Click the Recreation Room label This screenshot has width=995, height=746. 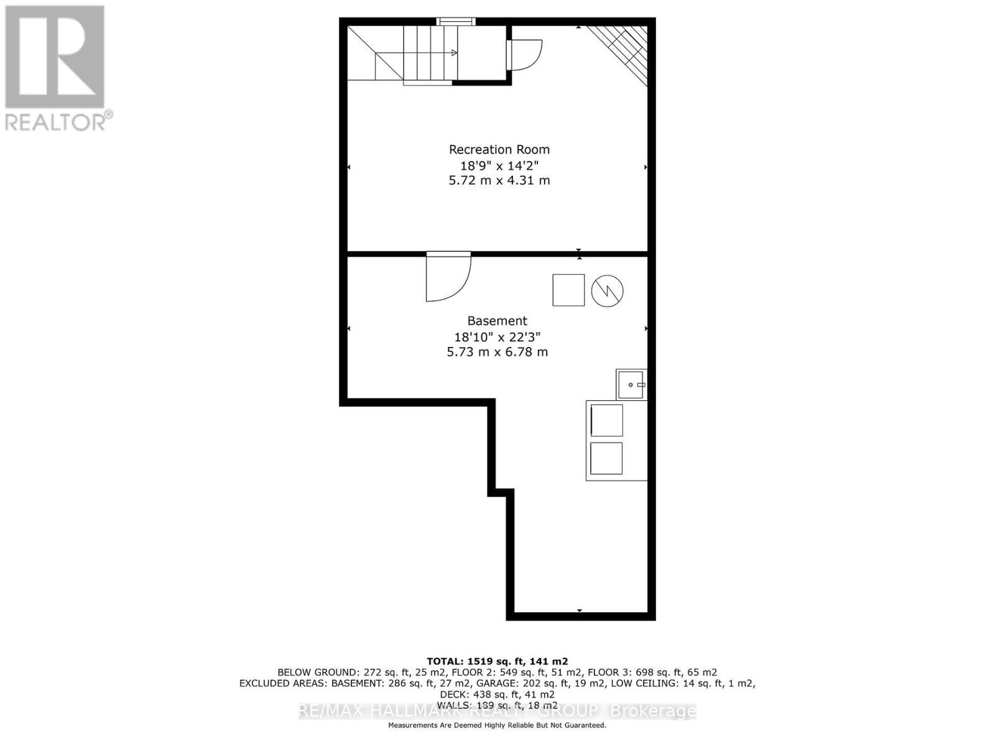[499, 150]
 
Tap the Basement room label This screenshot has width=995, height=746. [497, 321]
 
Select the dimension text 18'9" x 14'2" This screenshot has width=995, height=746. [499, 166]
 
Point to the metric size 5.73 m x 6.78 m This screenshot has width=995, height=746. [497, 352]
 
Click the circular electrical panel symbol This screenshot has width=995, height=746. [607, 290]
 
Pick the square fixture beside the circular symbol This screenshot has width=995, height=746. [568, 290]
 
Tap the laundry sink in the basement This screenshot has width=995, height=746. [631, 385]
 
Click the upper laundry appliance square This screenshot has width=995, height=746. [606, 420]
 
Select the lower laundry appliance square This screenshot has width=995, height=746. [606, 458]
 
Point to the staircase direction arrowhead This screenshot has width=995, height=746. [455, 53]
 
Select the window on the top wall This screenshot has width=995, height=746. [456, 22]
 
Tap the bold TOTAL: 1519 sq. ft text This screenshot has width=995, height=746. [497, 661]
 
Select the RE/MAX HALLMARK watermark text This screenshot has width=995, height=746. [497, 711]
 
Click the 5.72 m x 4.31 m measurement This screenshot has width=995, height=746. [499, 181]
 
